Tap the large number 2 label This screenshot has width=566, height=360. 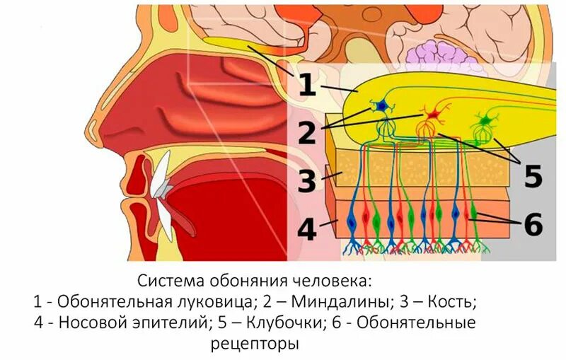tap(306, 132)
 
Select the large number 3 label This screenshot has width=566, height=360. tap(306, 180)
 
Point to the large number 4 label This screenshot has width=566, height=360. tap(306, 230)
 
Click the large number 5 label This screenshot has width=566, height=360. tap(532, 175)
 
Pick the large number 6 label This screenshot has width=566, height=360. tap(532, 225)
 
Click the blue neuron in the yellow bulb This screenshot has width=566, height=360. tap(381, 106)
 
